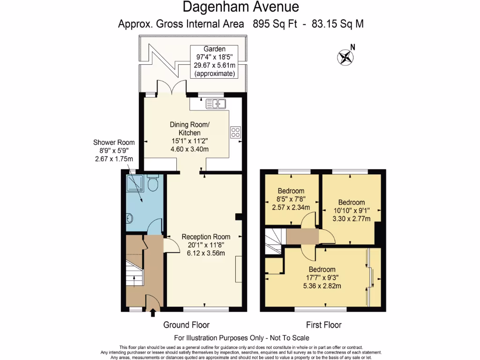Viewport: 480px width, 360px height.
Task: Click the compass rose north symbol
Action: (345, 57)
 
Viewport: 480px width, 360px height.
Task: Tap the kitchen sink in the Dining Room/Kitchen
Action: (216, 104)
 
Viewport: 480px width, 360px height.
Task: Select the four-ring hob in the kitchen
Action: (235, 133)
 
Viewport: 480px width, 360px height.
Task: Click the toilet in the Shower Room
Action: (152, 183)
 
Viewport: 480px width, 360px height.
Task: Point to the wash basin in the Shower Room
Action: (129, 218)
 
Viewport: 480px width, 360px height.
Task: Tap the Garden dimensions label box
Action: (214, 61)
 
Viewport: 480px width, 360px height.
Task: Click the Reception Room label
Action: (206, 237)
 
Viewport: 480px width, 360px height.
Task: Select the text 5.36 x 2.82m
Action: (322, 286)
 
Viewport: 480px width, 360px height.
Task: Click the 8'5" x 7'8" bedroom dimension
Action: (291, 199)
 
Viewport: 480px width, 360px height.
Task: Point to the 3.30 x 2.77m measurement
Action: (352, 218)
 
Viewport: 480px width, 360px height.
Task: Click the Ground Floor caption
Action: (186, 325)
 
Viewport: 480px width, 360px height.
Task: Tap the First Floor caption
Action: (323, 325)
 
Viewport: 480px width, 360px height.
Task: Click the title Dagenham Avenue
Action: (240, 7)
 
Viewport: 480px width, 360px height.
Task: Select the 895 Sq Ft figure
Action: (275, 24)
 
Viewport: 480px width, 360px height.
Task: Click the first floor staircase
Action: (273, 241)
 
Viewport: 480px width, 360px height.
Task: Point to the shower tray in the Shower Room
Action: (135, 183)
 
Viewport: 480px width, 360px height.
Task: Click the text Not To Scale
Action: (289, 338)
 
